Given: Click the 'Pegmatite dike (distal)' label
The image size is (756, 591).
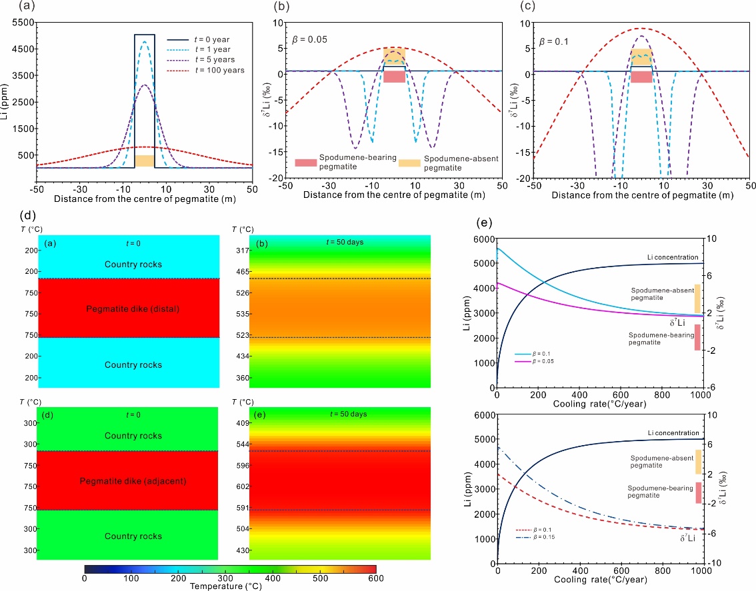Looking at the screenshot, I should (128, 308).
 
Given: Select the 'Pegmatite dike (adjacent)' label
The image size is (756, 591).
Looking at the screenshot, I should (128, 480).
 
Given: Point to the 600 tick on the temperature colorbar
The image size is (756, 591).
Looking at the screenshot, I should (376, 578).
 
